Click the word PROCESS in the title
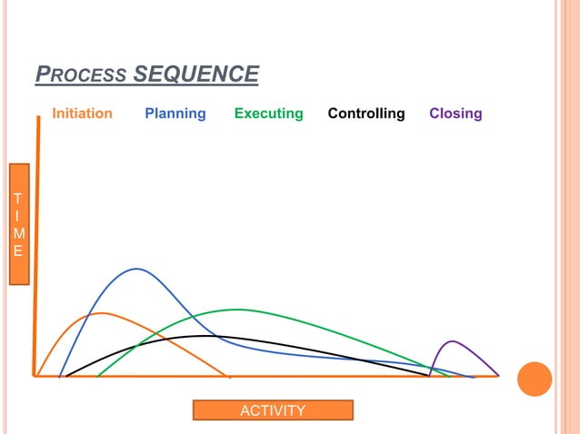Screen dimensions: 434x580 pos(82,74)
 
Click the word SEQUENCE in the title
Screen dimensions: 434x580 pos(195,74)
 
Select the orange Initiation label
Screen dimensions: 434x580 pos(82,113)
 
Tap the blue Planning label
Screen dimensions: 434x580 pos(175,113)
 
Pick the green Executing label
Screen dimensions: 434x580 pos(268,113)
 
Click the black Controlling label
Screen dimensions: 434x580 pos(366,113)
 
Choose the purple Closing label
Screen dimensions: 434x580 pos(455,113)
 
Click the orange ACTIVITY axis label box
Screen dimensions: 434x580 pos(273,411)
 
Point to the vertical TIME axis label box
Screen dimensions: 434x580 pos(20,224)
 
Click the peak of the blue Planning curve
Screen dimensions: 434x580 pos(137,269)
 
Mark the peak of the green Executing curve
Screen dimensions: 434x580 pos(238,310)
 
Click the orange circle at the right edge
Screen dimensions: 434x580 pos(535,379)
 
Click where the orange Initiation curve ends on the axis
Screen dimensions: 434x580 pos(229,376)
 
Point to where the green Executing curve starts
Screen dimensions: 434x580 pos(98,375)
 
